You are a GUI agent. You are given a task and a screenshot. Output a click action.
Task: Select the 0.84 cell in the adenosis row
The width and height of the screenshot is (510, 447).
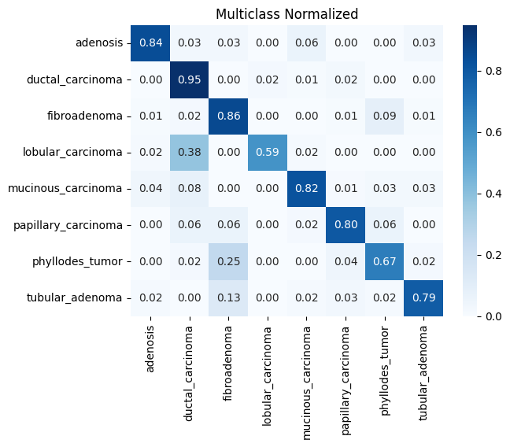tap(150, 42)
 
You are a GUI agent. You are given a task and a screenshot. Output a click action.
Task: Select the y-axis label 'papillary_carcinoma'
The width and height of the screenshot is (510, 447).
tap(68, 224)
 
